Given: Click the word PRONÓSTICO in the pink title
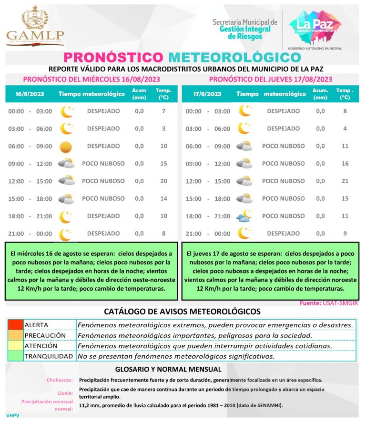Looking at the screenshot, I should tap(113, 58).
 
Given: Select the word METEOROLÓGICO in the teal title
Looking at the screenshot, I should tap(234, 58).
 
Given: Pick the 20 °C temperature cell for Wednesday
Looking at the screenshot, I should tap(163, 181).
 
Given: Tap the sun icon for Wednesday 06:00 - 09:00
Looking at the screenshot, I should tap(66, 146).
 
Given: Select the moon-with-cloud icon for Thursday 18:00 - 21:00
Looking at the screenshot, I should tap(244, 216).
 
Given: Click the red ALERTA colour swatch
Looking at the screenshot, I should tap(15, 325).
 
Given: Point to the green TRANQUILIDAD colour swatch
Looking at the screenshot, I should tap(15, 356).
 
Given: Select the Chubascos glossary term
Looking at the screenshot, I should tap(60, 380).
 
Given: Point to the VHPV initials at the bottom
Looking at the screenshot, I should tap(12, 416).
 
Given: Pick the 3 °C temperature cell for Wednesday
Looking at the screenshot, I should tap(163, 129).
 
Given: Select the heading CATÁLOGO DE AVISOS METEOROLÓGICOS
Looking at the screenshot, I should tap(183, 312).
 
